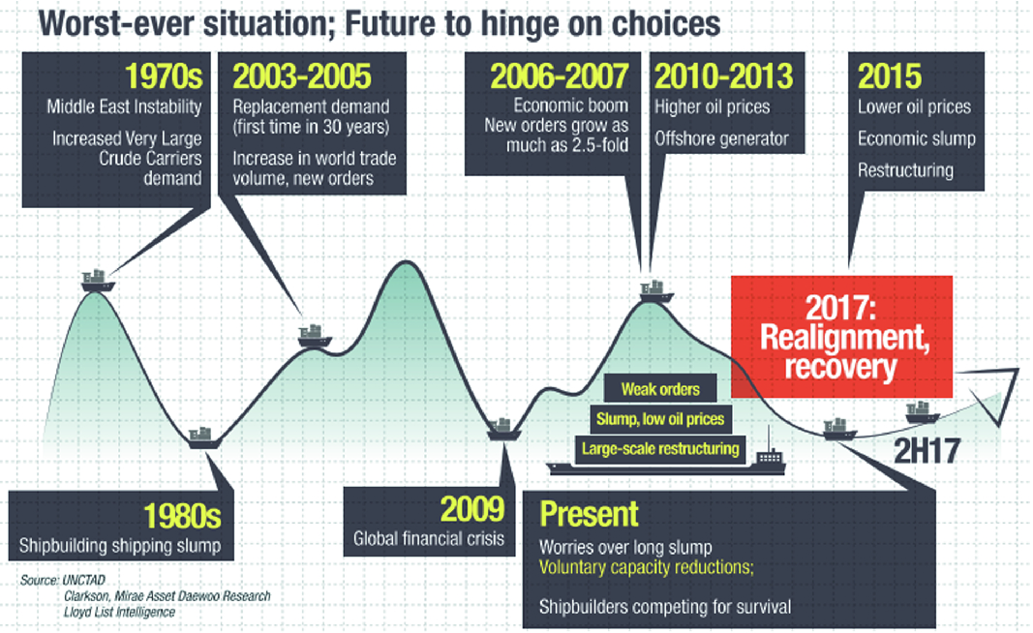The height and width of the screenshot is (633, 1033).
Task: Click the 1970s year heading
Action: coord(164,75)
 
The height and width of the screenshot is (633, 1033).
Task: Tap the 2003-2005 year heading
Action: coord(302,75)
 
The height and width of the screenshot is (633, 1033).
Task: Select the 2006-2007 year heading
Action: coord(560,75)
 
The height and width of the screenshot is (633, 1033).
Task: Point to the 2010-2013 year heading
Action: coord(723,75)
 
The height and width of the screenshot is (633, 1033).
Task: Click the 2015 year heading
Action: coord(890,75)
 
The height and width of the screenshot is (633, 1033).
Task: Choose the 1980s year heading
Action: coord(182,515)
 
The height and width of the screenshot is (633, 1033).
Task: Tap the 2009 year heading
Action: coord(472,508)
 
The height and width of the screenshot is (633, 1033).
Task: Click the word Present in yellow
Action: coord(589,514)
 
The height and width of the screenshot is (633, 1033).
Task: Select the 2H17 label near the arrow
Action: coord(927,451)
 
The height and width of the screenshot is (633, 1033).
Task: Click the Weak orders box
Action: coord(660,389)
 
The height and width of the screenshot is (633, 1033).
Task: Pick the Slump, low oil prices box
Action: coord(660,419)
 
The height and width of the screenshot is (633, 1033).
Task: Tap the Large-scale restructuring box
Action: coord(660,449)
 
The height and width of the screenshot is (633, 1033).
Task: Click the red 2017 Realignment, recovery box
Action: coord(842,337)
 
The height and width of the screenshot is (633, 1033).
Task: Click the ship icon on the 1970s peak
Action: coord(98,281)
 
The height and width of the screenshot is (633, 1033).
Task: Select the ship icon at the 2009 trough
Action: coord(504,429)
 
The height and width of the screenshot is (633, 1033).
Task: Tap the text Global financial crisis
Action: coord(428,539)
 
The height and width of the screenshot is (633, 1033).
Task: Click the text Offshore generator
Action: coord(721,138)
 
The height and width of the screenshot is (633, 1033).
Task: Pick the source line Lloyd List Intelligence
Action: coord(119,612)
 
